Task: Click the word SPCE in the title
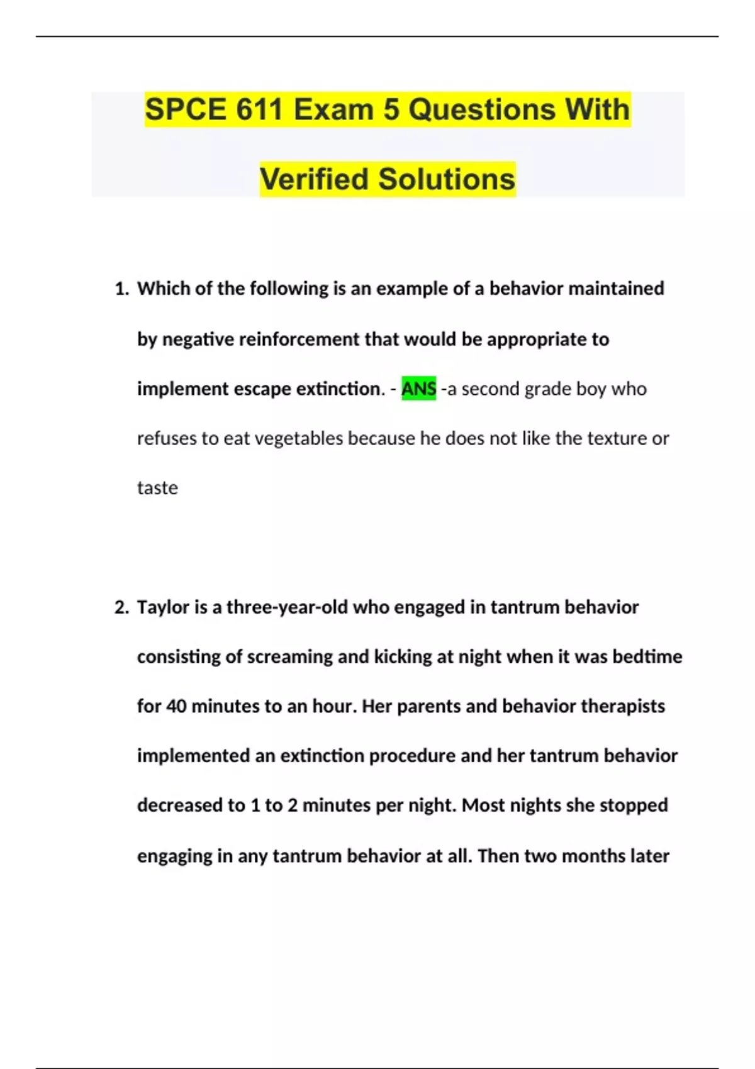pos(186,110)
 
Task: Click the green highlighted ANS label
pos(418,389)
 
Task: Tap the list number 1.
pos(121,289)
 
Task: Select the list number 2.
pos(121,607)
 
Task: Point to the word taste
pos(157,488)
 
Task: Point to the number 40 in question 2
pos(176,707)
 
